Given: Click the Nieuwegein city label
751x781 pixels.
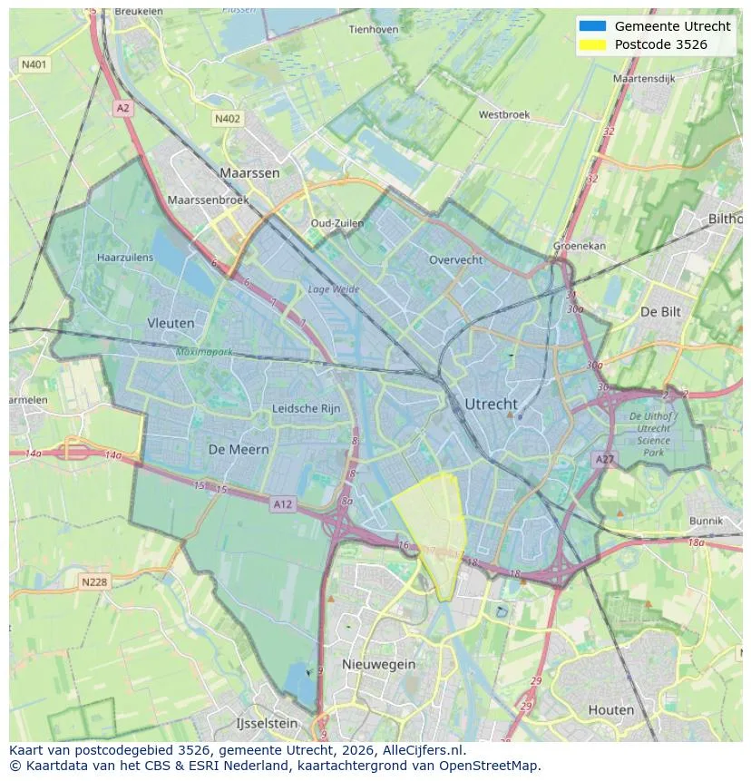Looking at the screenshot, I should pos(378,664).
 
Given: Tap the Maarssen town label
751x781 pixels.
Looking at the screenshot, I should pos(249,172).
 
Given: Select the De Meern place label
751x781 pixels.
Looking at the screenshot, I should pos(239,449).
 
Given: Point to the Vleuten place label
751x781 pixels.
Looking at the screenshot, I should pos(171,323).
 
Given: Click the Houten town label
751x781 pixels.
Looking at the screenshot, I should pos(611,709).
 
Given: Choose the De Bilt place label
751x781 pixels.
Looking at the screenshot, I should pos(659,311).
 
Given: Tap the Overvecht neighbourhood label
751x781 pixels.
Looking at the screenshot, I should pos(455,259).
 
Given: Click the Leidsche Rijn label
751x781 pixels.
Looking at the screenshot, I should pos(307,409).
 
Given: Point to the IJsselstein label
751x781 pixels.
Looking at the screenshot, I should pos(267,724).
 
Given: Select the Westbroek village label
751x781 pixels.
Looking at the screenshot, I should pos(503,115).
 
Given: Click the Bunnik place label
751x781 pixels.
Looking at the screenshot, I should pos(706,521).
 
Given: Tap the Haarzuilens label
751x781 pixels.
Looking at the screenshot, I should pos(125,258).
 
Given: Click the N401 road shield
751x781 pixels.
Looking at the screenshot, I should pos(34,64).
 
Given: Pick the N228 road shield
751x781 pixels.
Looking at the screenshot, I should pos(94,581).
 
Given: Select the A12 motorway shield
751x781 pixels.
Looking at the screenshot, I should pos(282,504).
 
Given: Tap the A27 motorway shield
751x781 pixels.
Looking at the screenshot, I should pos(604,460).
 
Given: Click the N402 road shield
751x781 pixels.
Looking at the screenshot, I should pos(228,119).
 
